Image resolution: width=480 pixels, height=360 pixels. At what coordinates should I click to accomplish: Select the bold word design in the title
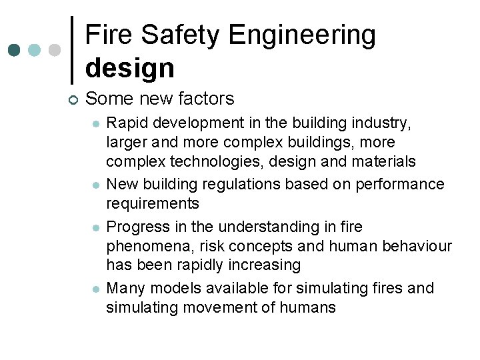[x=129, y=67]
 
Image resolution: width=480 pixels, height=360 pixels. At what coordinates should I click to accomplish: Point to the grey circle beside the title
[x=55, y=51]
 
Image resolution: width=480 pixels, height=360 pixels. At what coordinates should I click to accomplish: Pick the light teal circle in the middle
[x=35, y=51]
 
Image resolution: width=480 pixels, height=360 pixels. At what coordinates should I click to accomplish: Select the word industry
[x=384, y=123]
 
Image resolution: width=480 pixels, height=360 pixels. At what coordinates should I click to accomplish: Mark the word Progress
[x=135, y=227]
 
